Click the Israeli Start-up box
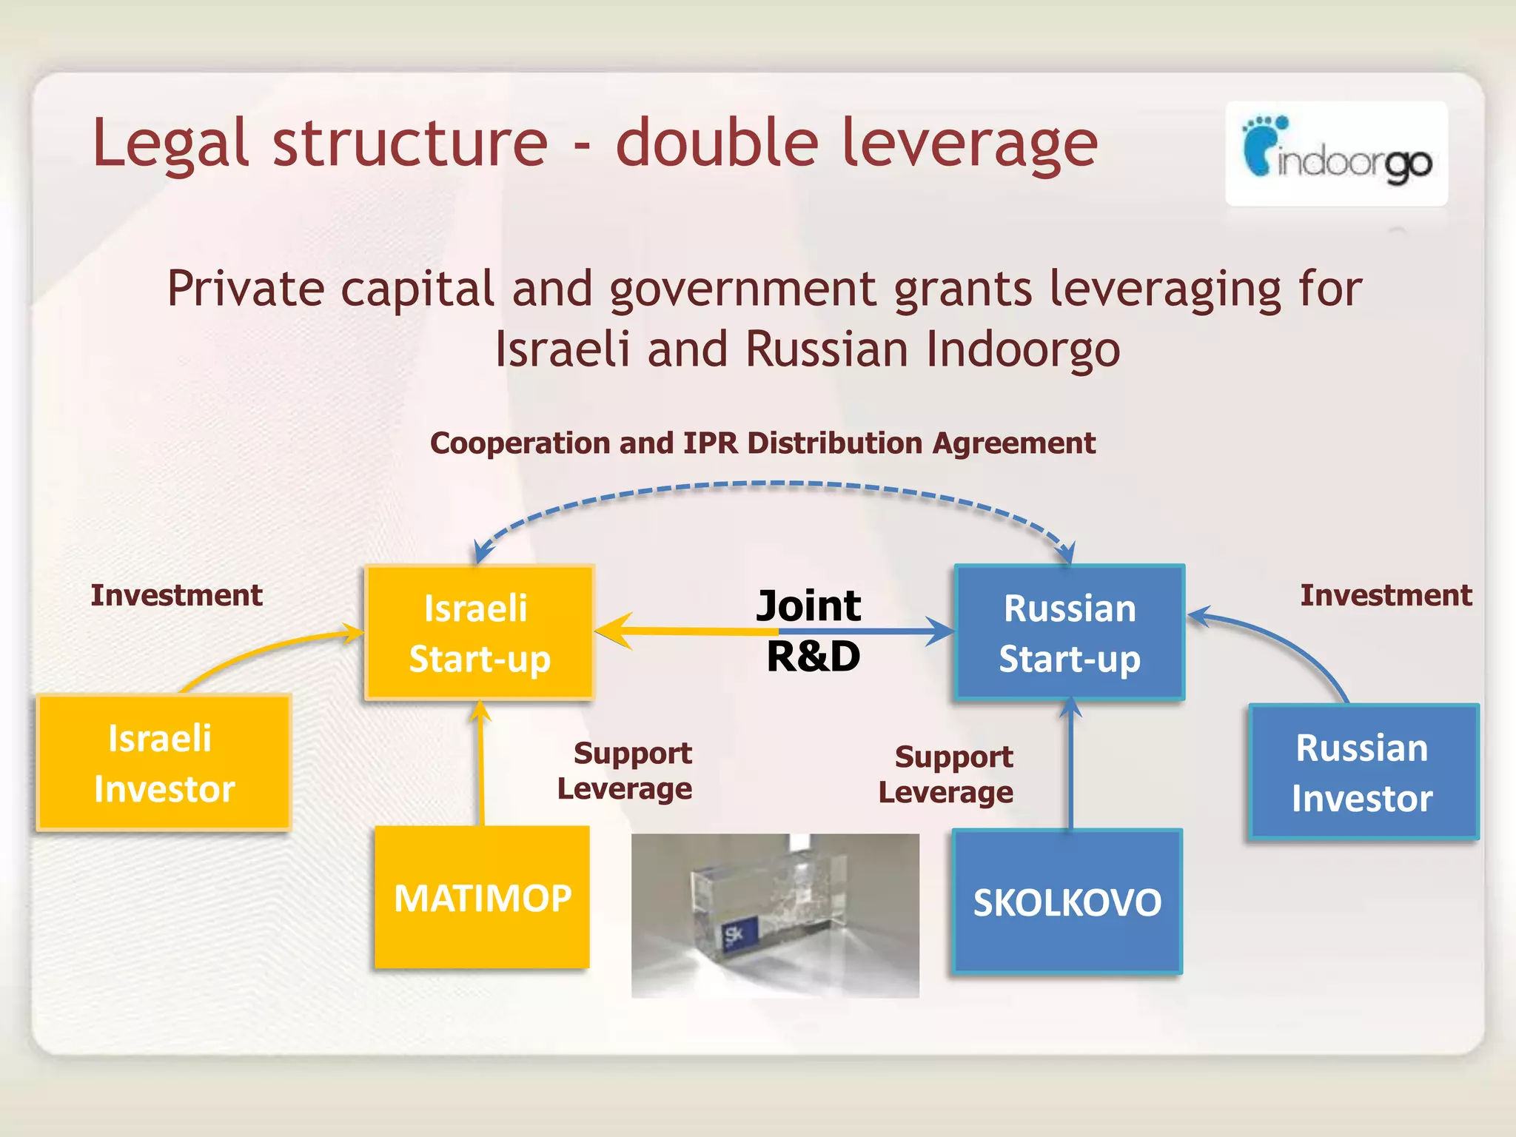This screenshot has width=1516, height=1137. [x=479, y=633]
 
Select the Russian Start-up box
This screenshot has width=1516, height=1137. [x=1070, y=633]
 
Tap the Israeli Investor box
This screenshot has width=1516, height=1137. [x=164, y=762]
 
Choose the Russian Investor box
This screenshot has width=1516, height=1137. [x=1363, y=772]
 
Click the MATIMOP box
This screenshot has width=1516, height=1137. [x=482, y=897]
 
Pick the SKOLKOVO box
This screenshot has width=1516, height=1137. [x=1067, y=901]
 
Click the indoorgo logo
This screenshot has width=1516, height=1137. [x=1336, y=154]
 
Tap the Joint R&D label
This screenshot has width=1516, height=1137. [x=811, y=631]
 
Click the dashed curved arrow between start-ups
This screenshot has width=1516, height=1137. [x=774, y=484]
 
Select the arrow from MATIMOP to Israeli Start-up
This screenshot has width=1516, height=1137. [x=481, y=762]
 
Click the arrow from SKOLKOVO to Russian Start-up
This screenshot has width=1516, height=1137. [x=1070, y=762]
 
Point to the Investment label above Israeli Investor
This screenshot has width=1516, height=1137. [x=176, y=595]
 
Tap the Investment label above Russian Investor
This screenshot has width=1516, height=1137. [x=1386, y=595]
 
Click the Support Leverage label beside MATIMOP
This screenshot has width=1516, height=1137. [x=626, y=771]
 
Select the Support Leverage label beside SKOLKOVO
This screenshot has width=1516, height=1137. [x=947, y=774]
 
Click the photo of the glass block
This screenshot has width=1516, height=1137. [x=775, y=915]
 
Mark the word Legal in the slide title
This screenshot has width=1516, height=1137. [x=170, y=144]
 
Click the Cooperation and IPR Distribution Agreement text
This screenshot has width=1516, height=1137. [x=762, y=443]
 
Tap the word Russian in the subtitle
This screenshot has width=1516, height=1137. [x=826, y=349]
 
